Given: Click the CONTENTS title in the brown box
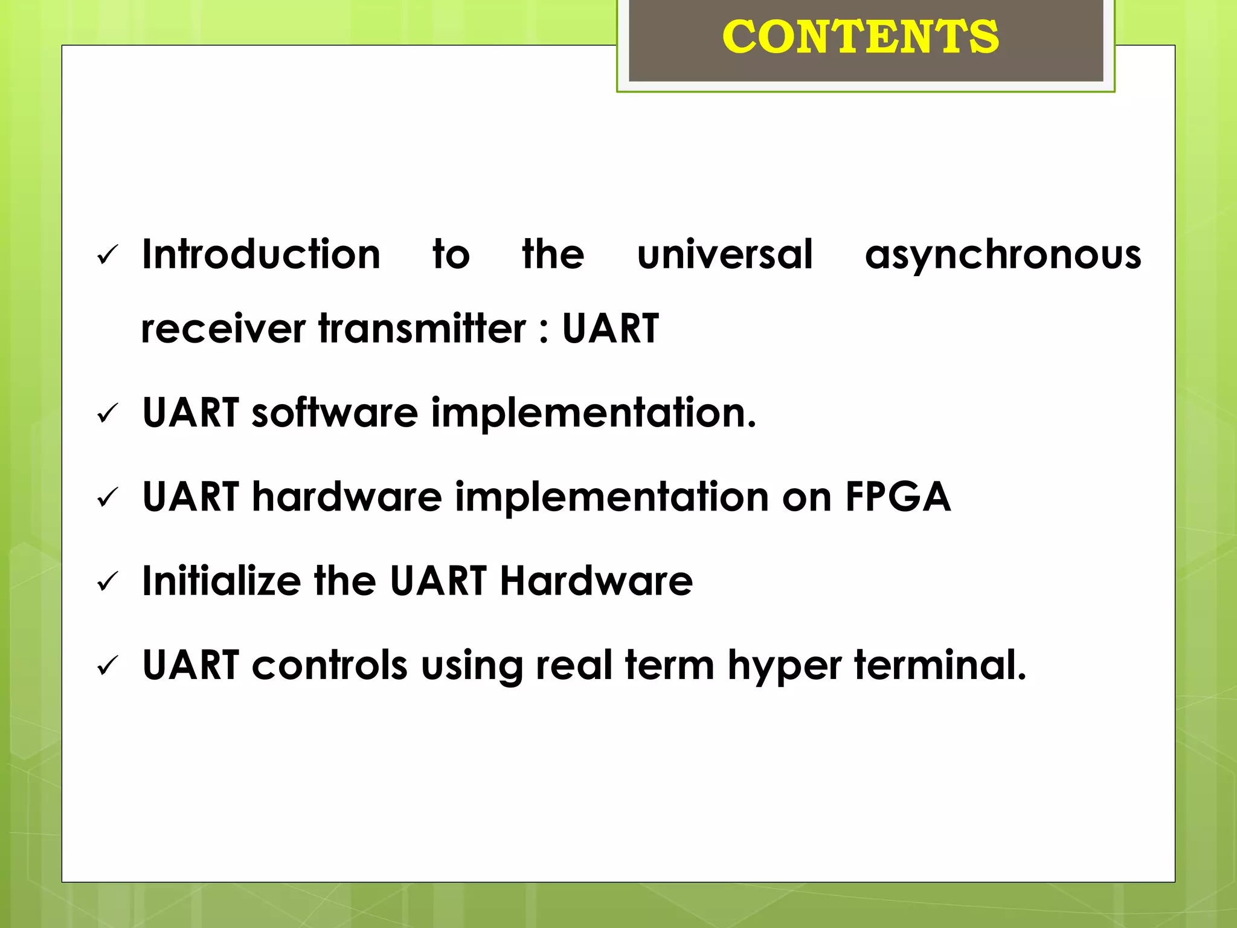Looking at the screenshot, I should (x=860, y=37).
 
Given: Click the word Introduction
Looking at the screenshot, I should (x=261, y=254).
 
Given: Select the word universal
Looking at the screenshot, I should (x=725, y=254).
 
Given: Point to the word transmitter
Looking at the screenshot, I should (x=422, y=329).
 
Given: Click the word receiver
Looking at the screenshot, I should (x=223, y=330).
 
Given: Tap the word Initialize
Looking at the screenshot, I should (x=221, y=581).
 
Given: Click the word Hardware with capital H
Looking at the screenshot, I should (x=596, y=581).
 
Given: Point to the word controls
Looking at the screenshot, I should (x=329, y=665).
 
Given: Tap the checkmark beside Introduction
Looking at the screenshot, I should (x=108, y=256).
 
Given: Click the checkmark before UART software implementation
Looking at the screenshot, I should (x=108, y=414).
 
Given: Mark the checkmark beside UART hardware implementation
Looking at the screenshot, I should (x=108, y=498).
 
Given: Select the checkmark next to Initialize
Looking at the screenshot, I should (x=108, y=582).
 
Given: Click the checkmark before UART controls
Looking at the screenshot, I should (x=108, y=666).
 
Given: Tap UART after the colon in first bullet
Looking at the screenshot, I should (x=610, y=329).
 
